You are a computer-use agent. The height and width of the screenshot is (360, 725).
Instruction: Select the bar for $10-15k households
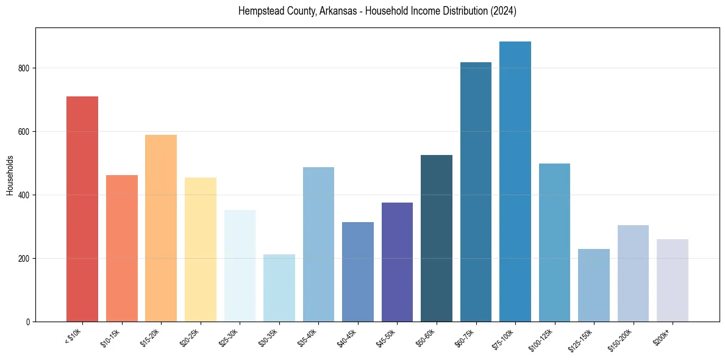coord(121,248)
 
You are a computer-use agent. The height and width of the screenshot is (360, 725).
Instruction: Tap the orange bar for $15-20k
coord(161,228)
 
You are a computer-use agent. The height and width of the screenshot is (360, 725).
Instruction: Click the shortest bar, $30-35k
coord(279,287)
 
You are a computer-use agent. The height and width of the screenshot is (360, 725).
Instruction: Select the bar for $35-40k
coord(318,244)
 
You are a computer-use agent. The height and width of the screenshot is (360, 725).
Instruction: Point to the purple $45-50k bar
coord(397,262)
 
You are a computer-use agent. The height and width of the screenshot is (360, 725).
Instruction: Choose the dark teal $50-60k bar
coord(437,238)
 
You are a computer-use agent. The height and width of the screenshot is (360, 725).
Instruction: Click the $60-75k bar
coord(476,192)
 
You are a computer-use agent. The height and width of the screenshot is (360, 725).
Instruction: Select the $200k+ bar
coord(673,280)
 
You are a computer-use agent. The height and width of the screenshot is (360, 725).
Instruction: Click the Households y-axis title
coord(10,175)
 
